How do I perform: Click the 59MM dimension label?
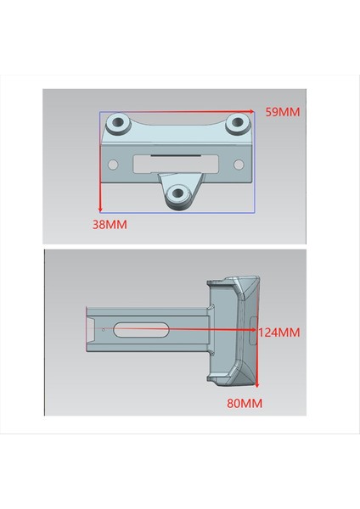click(283, 111)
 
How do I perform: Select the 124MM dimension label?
click(279, 333)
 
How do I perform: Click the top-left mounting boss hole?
click(118, 124)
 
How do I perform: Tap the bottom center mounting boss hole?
click(177, 193)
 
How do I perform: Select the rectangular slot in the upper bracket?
click(177, 161)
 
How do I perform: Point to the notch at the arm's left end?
click(91, 327)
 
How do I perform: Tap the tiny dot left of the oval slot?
click(103, 327)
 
